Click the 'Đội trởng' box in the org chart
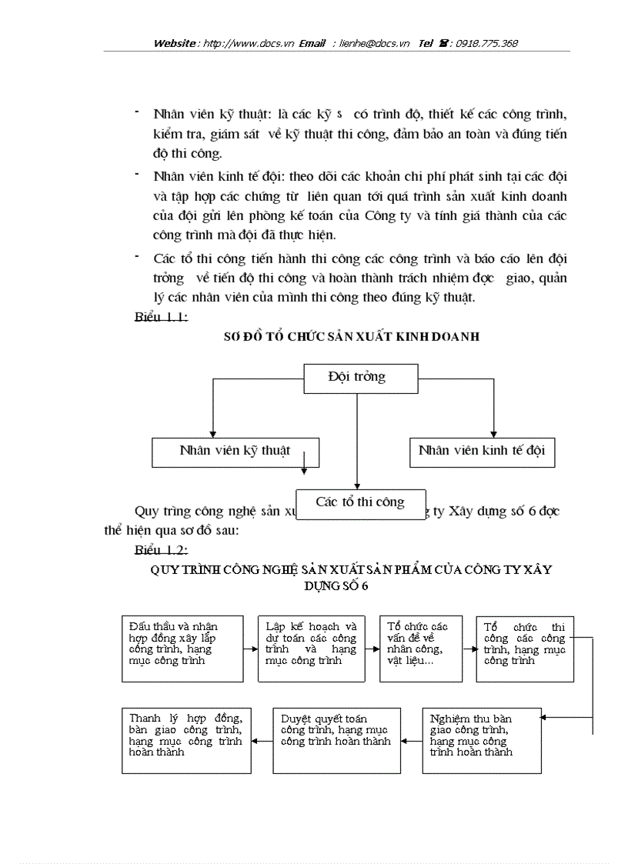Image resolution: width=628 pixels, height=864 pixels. pyautogui.click(x=357, y=378)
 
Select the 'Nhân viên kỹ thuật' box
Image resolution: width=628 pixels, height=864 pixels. pyautogui.click(x=235, y=452)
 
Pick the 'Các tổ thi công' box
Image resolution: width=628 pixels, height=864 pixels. pyautogui.click(x=360, y=502)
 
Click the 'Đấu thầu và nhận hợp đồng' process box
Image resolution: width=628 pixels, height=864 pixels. pyautogui.click(x=181, y=648)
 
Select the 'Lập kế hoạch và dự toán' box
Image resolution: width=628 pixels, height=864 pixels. pyautogui.click(x=310, y=648)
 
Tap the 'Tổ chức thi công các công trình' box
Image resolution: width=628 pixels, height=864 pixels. pyautogui.click(x=524, y=648)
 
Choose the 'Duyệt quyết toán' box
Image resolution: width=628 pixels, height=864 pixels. pyautogui.click(x=336, y=740)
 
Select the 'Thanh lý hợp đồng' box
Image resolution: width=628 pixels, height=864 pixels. pyautogui.click(x=186, y=740)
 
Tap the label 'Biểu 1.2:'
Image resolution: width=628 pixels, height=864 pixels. pyautogui.click(x=161, y=550)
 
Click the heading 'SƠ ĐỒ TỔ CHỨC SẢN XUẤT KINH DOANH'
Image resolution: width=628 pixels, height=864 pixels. pyautogui.click(x=351, y=337)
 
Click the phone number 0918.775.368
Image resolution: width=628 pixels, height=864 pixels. pyautogui.click(x=486, y=44)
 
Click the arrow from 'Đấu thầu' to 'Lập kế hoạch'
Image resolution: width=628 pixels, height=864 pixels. pyautogui.click(x=249, y=649)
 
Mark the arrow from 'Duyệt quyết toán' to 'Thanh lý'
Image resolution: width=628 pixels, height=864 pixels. pyautogui.click(x=262, y=741)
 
